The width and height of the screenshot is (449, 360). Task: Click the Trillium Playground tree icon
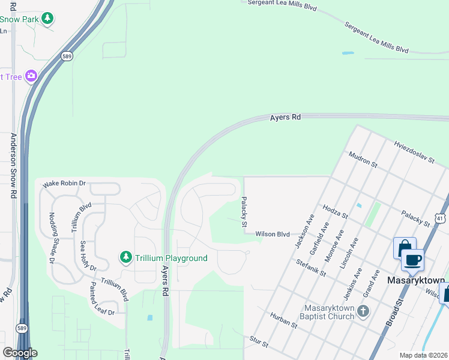coord(125,257)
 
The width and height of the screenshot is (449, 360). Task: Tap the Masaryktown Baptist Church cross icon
coord(363,311)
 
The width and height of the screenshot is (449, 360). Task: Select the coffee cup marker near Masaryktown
coord(412,260)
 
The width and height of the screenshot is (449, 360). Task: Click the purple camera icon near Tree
coord(31,76)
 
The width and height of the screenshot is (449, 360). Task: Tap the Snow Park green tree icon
coord(47,19)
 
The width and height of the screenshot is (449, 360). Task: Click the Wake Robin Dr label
coord(64,184)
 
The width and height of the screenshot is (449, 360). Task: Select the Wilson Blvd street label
coord(273,235)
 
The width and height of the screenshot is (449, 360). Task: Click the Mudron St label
coord(363,160)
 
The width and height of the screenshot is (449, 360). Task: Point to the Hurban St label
coord(283,320)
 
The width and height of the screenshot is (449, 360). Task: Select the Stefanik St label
coord(310,268)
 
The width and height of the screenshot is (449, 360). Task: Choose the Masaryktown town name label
coord(416,280)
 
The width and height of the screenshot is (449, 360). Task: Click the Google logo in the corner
coord(19,353)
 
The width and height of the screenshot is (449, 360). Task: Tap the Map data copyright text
coord(424,355)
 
